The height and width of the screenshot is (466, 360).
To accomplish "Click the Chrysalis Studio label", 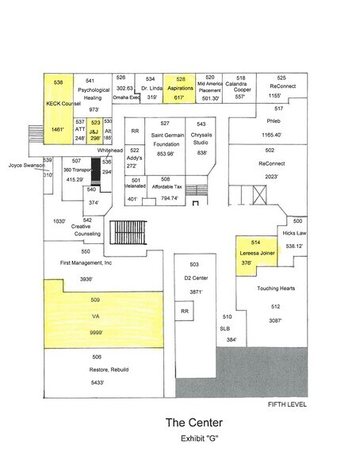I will (201, 139).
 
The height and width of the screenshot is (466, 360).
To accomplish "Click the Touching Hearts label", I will (275, 288).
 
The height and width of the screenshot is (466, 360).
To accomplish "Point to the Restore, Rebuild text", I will (97, 369).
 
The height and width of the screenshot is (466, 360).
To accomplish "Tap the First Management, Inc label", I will (86, 262).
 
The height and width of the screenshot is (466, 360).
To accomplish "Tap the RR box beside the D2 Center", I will (183, 311).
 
